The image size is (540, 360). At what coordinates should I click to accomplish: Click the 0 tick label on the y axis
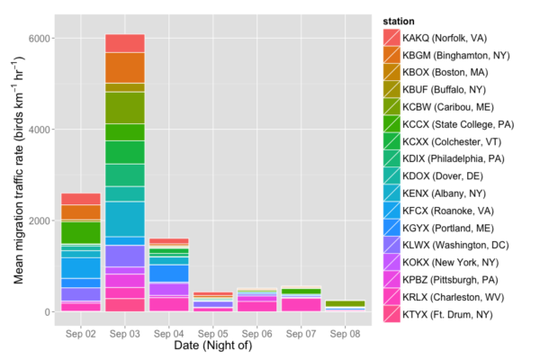click(50, 312)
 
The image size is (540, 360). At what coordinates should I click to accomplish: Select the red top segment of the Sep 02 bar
click(81, 199)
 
